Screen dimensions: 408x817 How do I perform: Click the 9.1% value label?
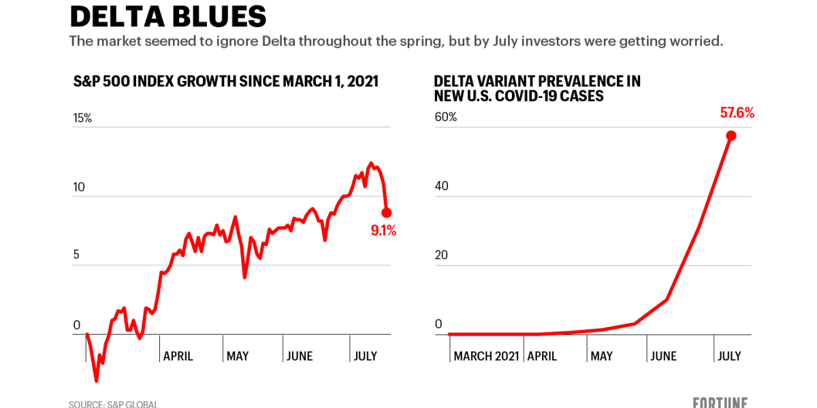click(383, 231)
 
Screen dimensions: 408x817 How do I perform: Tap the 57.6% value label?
click(737, 113)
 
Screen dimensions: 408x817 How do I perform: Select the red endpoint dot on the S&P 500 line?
click(387, 212)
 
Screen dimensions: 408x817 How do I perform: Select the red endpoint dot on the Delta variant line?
click(731, 135)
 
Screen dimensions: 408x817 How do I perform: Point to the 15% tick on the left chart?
click(82, 118)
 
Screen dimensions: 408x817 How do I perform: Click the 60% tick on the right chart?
click(446, 118)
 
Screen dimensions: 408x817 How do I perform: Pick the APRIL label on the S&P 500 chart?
click(178, 356)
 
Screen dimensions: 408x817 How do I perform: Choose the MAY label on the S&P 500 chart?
click(238, 356)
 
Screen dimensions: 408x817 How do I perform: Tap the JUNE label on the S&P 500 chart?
click(300, 356)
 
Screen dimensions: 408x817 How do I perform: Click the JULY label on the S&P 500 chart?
click(366, 356)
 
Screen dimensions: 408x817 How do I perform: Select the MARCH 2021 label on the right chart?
click(486, 356)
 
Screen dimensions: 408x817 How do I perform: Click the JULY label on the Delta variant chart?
click(729, 356)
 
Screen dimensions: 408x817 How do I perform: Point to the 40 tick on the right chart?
click(442, 186)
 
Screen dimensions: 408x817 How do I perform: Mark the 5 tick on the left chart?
click(76, 254)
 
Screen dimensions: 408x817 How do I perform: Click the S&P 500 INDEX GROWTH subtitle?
click(225, 82)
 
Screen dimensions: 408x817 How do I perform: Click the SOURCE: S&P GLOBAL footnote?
click(113, 404)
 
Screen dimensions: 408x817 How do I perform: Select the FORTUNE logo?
click(720, 403)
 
